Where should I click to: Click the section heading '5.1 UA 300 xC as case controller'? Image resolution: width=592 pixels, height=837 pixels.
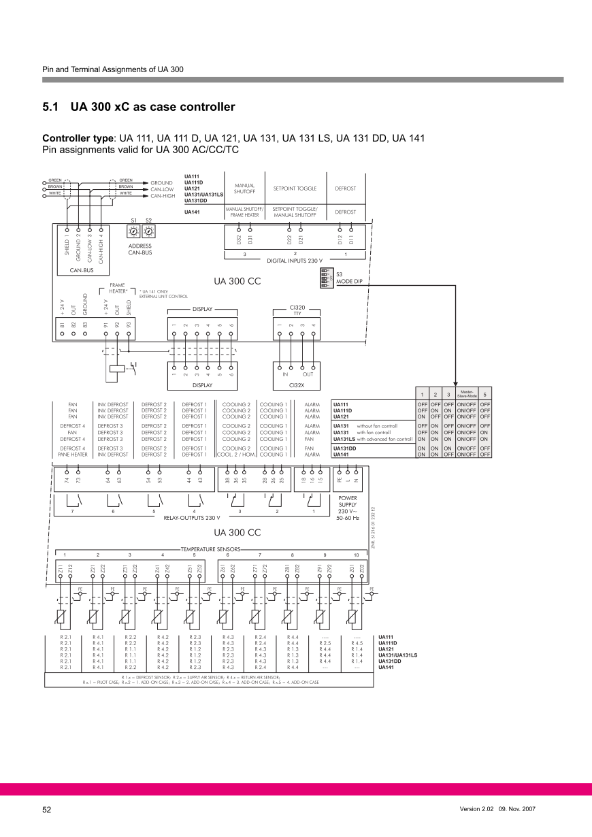[139, 107]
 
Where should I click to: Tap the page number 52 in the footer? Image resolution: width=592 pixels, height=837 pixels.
[47, 810]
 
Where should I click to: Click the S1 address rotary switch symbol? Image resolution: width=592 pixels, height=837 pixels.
[134, 231]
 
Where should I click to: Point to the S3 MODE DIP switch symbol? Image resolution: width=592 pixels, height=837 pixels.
[326, 278]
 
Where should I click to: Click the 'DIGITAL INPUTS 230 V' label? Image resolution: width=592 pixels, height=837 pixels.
[295, 260]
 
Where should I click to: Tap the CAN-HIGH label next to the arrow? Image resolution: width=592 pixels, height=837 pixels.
[163, 195]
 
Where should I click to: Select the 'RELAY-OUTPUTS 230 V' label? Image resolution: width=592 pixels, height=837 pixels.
[193, 518]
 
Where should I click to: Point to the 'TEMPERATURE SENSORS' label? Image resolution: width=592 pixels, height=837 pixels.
[211, 548]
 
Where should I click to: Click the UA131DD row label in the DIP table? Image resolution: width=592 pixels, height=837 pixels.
[344, 448]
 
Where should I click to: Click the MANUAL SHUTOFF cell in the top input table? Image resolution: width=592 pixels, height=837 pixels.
[244, 188]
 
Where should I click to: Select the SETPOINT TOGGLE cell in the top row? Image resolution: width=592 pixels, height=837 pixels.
[295, 188]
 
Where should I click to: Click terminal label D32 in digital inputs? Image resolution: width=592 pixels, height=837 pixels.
[239, 240]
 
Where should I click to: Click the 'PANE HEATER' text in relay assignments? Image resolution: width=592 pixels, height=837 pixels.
[72, 454]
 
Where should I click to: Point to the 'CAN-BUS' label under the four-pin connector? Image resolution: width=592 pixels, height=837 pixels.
[81, 269]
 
